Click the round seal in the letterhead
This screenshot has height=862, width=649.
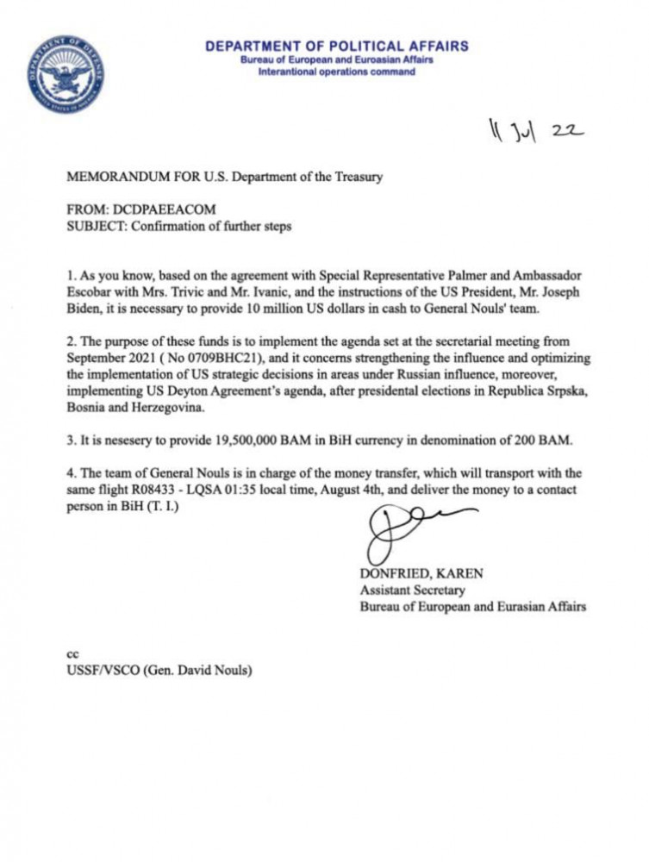(x=66, y=75)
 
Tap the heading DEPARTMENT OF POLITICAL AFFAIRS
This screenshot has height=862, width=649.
(x=337, y=47)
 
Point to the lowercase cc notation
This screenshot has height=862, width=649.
(x=72, y=654)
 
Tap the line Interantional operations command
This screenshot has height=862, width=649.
(x=337, y=72)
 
